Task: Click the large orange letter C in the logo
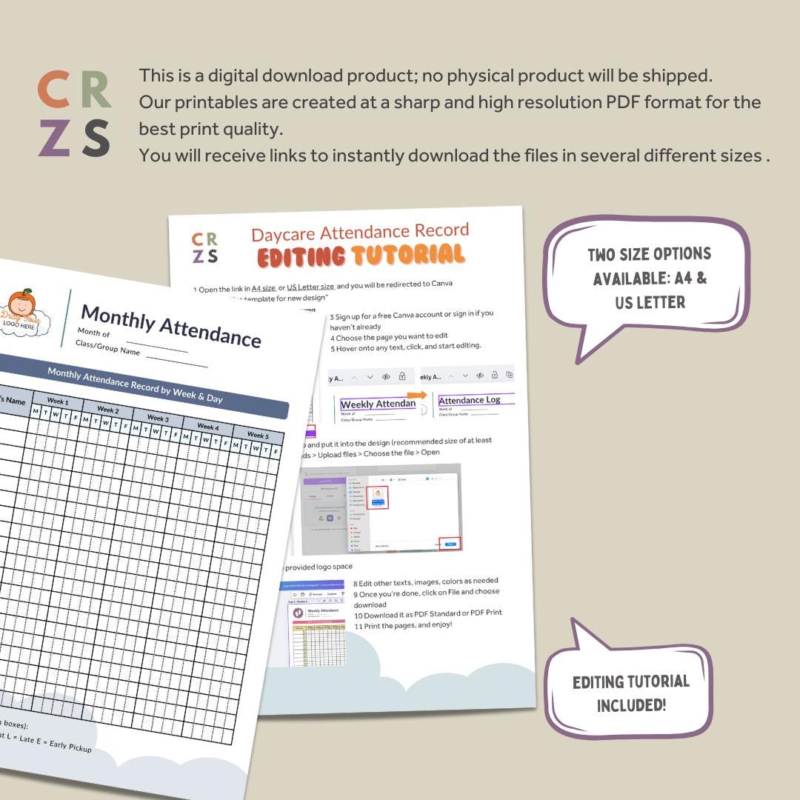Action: pos(54,90)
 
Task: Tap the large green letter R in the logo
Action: pos(96,90)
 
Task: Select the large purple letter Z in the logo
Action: pos(54,138)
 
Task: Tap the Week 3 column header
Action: pos(157,419)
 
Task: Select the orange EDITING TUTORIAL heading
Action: pos(361,256)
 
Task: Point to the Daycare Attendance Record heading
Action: pos(360,233)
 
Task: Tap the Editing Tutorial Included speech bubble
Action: pos(630,693)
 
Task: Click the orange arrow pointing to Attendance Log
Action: pos(417,395)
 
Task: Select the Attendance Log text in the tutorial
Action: pos(469,401)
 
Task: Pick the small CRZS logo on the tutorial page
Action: pos(204,248)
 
